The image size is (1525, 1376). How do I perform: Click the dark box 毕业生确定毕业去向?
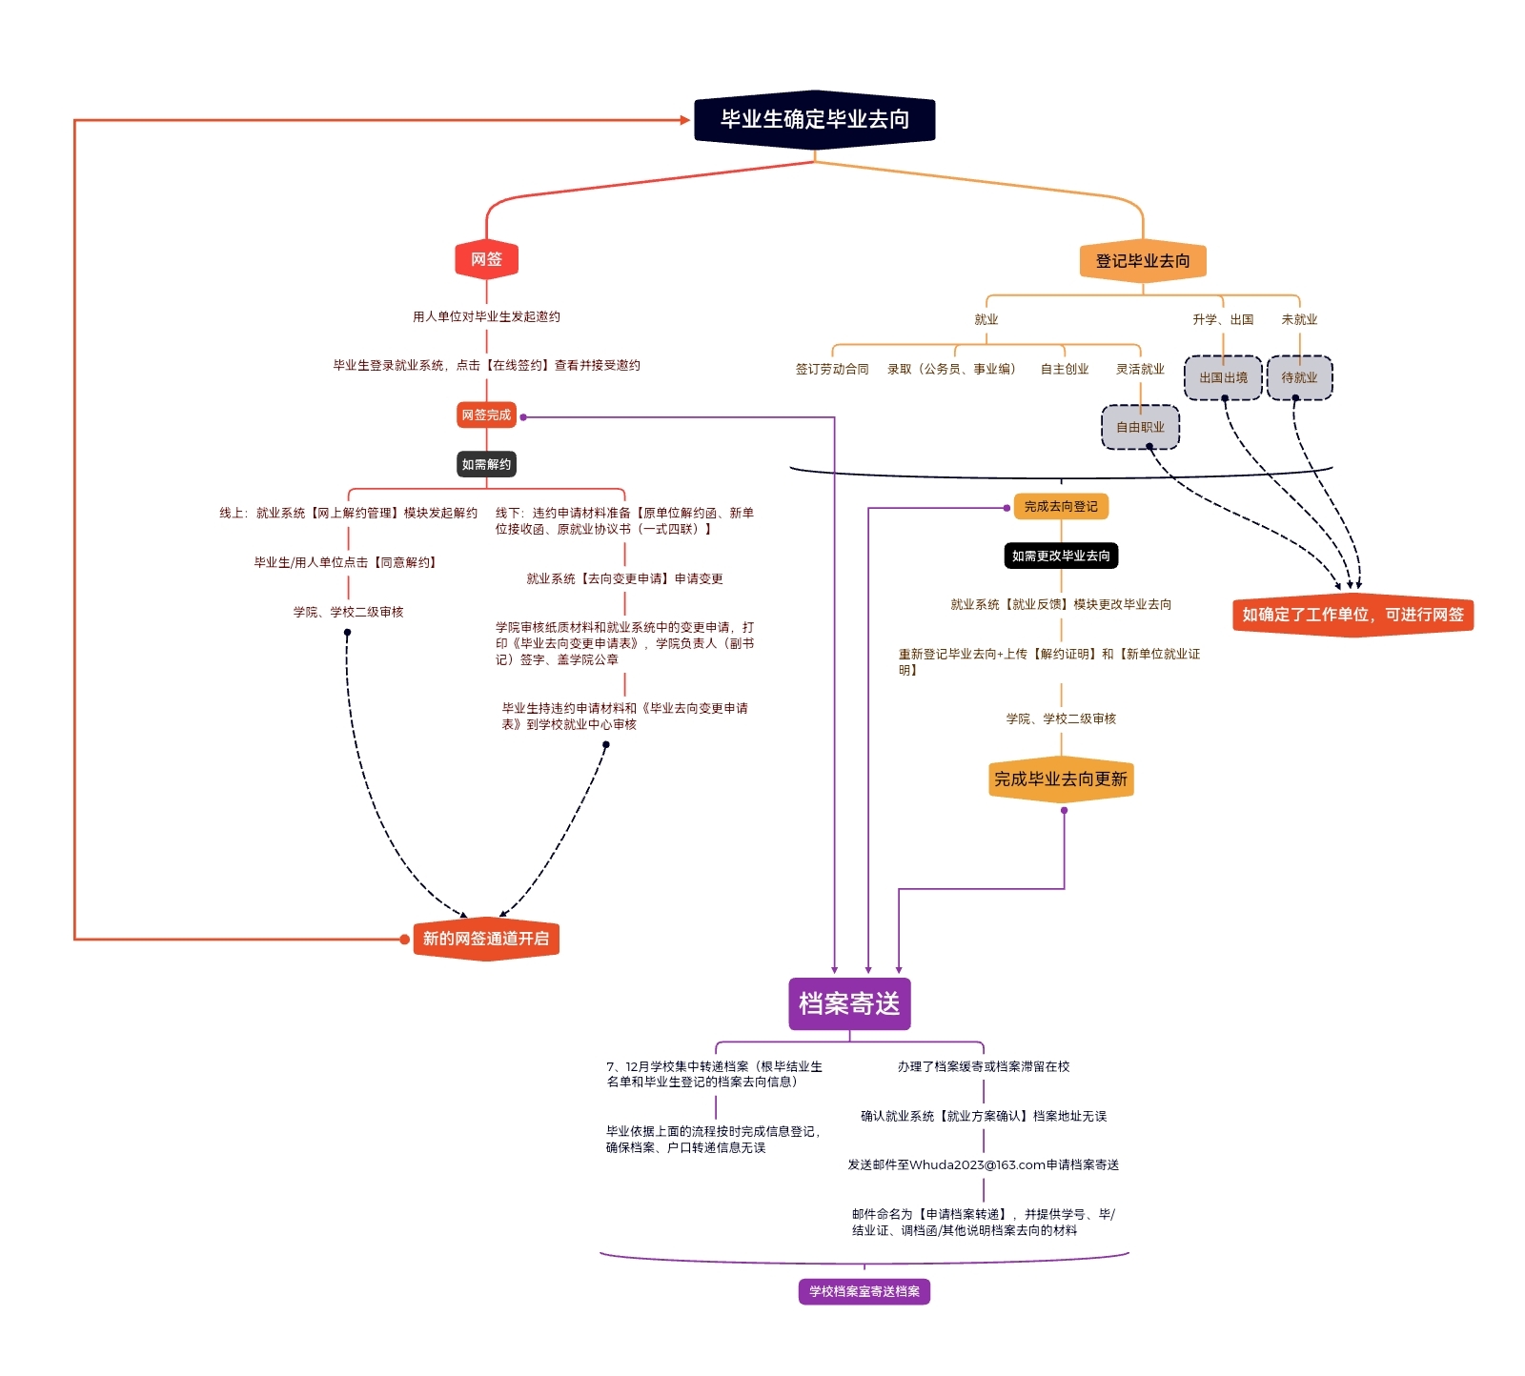814,120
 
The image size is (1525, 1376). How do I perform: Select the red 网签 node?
486,259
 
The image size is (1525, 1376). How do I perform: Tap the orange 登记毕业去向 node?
1142,261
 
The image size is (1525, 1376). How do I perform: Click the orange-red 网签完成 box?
486,415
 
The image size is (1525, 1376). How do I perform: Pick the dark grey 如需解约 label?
486,465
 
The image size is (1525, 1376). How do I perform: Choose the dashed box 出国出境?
1223,378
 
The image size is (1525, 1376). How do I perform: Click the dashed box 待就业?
1299,378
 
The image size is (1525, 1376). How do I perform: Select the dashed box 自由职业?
1140,428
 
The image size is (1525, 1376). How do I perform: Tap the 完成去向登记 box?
1061,507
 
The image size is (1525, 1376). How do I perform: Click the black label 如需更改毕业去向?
1061,556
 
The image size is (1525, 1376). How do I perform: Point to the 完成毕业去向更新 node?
1061,779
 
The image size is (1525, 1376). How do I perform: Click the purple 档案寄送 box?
849,1004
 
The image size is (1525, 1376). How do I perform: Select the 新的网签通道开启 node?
486,940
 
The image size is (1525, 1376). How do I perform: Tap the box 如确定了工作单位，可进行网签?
1352,616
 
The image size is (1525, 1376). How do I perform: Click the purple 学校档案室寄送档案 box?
864,1292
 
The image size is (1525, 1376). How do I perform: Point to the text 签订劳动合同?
832,370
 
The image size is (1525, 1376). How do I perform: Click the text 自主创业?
1065,370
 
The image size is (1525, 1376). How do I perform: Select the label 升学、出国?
1223,320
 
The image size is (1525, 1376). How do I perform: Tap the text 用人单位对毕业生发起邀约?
486,317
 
